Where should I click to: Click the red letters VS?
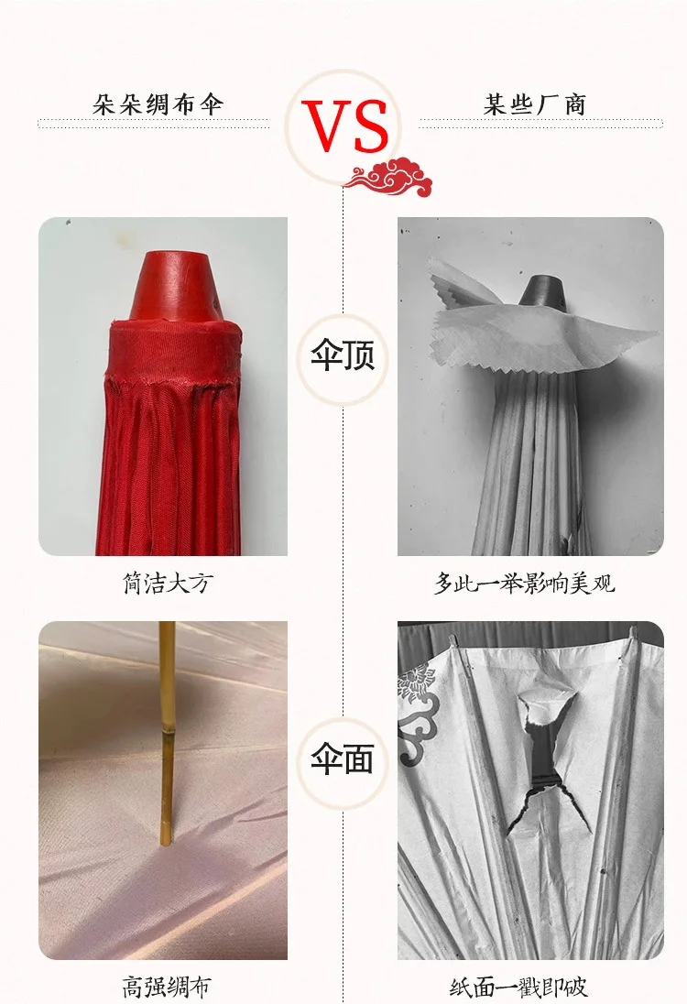tap(346, 126)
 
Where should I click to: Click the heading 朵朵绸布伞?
tap(158, 104)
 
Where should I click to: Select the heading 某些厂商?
tap(535, 104)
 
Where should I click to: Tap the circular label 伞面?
tap(343, 759)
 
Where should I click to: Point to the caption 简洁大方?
tap(166, 583)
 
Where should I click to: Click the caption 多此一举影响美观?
tap(524, 583)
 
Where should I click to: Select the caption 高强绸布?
tap(166, 988)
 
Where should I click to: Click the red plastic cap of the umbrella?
tap(179, 286)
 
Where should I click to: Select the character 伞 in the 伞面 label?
tap(326, 759)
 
